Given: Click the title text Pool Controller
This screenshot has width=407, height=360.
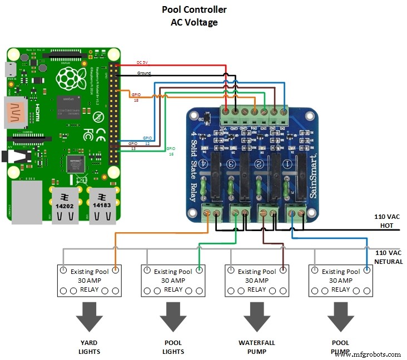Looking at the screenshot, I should click(x=194, y=9).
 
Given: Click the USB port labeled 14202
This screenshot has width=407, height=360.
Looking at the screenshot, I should click(x=65, y=203).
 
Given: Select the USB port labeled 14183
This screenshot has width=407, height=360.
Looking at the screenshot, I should click(x=101, y=203).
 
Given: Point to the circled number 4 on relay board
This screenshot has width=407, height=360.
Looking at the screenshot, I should click(x=204, y=164).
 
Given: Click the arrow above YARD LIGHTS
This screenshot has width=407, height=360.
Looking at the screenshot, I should click(x=89, y=317).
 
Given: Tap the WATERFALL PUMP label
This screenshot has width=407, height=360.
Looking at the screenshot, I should click(x=256, y=347).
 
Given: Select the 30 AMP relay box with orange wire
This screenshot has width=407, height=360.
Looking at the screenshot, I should click(x=90, y=281).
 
